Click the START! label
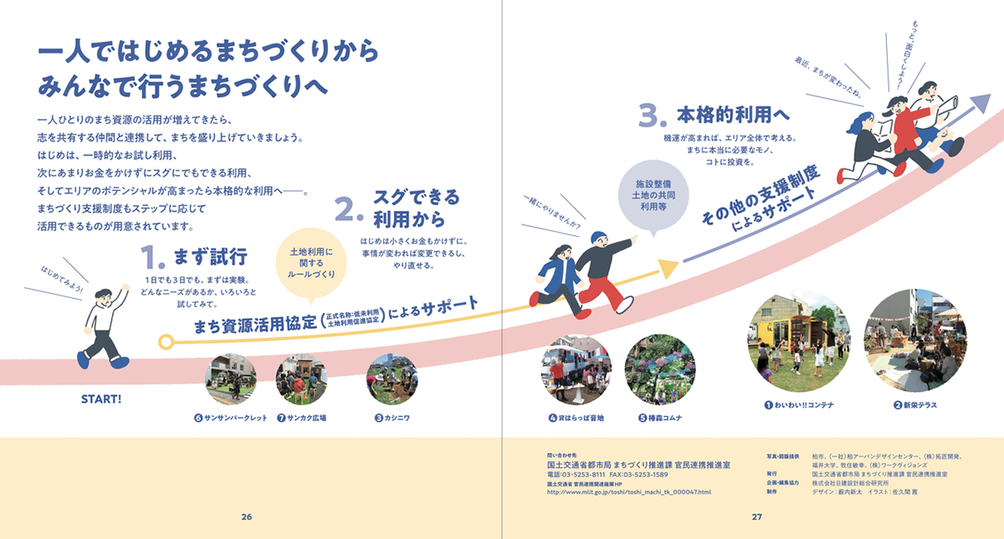pos(101,398)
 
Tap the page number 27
pos(756,516)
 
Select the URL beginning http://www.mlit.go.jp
pos(628,492)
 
